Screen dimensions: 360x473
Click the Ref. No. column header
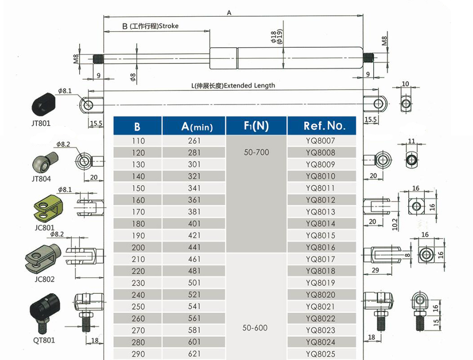[x=321, y=126]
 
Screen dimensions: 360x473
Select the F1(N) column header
[x=256, y=126]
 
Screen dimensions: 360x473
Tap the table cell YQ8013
[x=321, y=212]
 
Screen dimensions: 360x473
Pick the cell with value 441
[x=194, y=247]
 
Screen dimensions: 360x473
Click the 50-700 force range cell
[x=256, y=153]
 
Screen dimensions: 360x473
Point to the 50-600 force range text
[x=255, y=328]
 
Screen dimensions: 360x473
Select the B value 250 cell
[x=138, y=306]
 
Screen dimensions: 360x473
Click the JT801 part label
[x=41, y=123]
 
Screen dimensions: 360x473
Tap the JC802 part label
[x=44, y=279]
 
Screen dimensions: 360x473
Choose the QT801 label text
[x=44, y=340]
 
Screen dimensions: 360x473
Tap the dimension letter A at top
[x=229, y=13]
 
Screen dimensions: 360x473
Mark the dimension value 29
[x=375, y=270]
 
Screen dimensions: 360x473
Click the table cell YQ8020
[x=321, y=295]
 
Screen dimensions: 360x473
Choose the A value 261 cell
[x=194, y=141]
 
